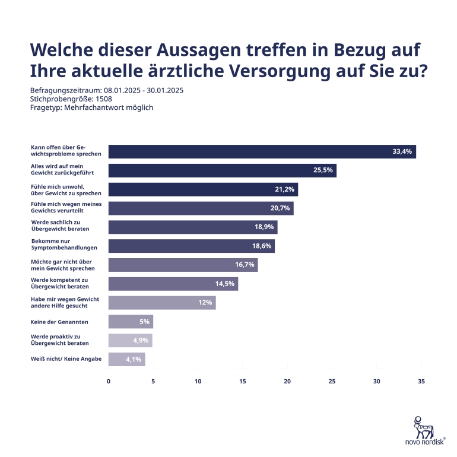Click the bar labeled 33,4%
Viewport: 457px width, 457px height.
pos(261,152)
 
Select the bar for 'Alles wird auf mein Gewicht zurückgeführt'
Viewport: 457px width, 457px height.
pos(222,171)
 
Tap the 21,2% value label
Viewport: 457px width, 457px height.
pos(285,190)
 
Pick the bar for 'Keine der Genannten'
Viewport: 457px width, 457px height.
pos(131,322)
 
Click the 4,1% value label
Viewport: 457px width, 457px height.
pos(134,360)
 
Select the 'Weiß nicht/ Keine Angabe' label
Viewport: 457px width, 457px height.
pos(66,359)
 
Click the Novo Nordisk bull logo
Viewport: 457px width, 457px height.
pos(423,426)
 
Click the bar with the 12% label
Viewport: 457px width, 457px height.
pos(161,303)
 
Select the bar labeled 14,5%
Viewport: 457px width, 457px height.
pos(173,284)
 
